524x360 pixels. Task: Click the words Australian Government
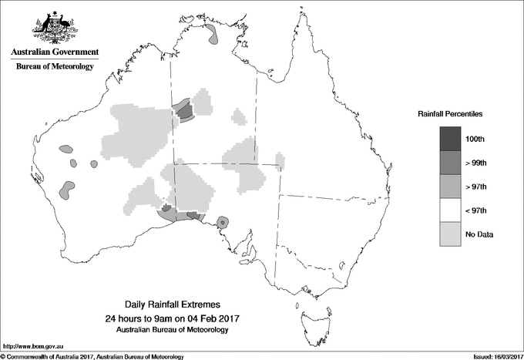point(54,52)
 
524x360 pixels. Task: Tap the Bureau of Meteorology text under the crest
point(54,67)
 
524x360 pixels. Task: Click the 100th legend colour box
point(452,139)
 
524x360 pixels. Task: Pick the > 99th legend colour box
point(452,163)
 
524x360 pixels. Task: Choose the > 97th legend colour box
point(452,187)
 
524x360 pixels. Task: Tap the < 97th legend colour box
point(452,210)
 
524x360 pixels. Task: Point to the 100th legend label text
point(475,139)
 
